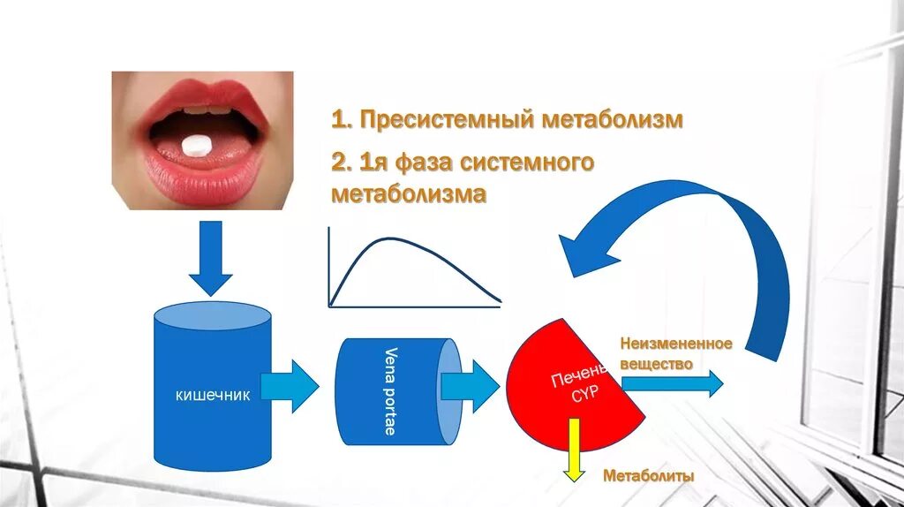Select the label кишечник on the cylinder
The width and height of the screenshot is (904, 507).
213,395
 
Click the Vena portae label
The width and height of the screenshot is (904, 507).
390,390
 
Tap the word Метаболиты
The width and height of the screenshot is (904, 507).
649,476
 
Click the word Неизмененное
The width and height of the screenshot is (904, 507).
675,343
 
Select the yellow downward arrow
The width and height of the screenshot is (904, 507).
575,450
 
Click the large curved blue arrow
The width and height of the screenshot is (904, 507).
706,238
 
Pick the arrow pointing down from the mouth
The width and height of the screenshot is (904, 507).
210,257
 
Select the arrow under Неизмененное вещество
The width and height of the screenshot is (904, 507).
673,383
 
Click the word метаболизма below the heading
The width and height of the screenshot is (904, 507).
409,193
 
